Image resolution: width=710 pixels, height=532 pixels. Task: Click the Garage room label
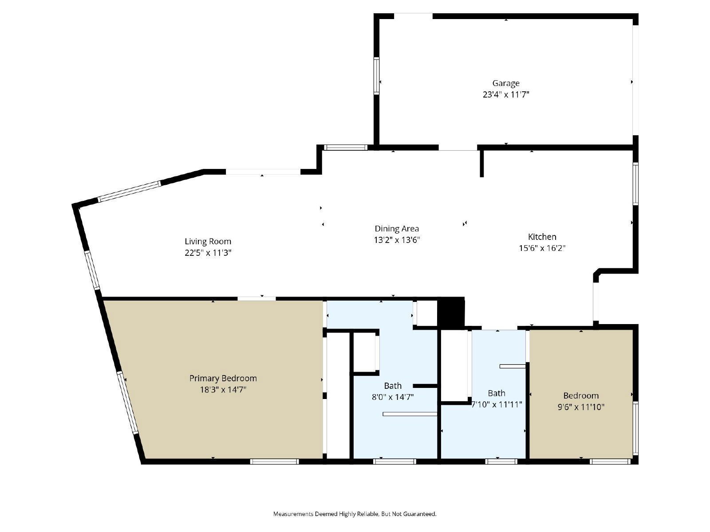tap(505, 83)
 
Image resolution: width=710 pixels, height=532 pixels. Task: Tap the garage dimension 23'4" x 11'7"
tap(506, 94)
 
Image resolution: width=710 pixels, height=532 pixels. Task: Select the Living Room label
tap(208, 241)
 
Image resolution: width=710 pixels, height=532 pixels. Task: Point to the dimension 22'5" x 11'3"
tap(208, 253)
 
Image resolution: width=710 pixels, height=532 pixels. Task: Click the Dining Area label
tap(397, 228)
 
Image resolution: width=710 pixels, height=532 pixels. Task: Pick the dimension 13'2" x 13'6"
tap(397, 240)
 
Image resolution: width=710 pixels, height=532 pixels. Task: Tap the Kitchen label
tap(542, 237)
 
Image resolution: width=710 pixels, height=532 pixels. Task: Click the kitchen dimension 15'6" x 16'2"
tap(542, 248)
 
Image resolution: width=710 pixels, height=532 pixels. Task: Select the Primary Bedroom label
tap(223, 378)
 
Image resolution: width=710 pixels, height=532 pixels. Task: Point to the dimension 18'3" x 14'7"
tap(223, 390)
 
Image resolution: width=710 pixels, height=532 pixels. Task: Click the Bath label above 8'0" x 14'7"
tap(393, 386)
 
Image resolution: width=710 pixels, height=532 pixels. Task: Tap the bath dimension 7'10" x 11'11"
tap(497, 404)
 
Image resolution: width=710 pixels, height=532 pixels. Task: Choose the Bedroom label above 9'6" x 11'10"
tap(581, 395)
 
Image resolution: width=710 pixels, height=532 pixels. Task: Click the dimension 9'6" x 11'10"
tap(581, 407)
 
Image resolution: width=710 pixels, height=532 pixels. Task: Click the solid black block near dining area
tap(450, 313)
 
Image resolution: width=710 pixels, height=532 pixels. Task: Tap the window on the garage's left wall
tap(376, 75)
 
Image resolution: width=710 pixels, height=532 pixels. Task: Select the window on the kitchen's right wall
tap(635, 184)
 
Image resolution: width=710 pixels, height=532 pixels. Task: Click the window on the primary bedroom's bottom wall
tap(274, 462)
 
